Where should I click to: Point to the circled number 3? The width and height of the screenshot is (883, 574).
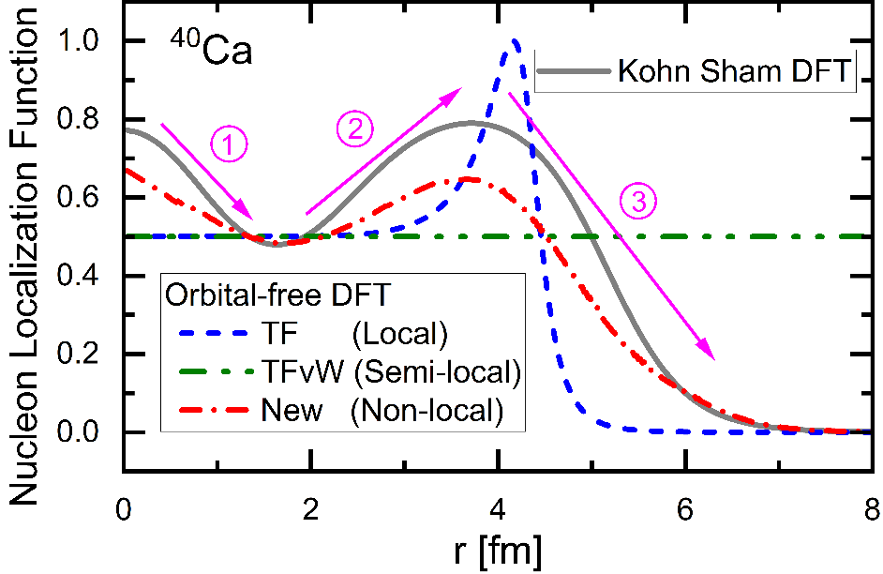(637, 200)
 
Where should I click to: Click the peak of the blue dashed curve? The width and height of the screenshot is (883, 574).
(515, 40)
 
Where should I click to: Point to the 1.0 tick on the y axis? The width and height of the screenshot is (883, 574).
(87, 41)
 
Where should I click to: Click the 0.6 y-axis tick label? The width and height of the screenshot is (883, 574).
(87, 198)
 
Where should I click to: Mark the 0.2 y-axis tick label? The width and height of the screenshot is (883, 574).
(87, 355)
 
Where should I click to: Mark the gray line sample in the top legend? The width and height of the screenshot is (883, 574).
(573, 71)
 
